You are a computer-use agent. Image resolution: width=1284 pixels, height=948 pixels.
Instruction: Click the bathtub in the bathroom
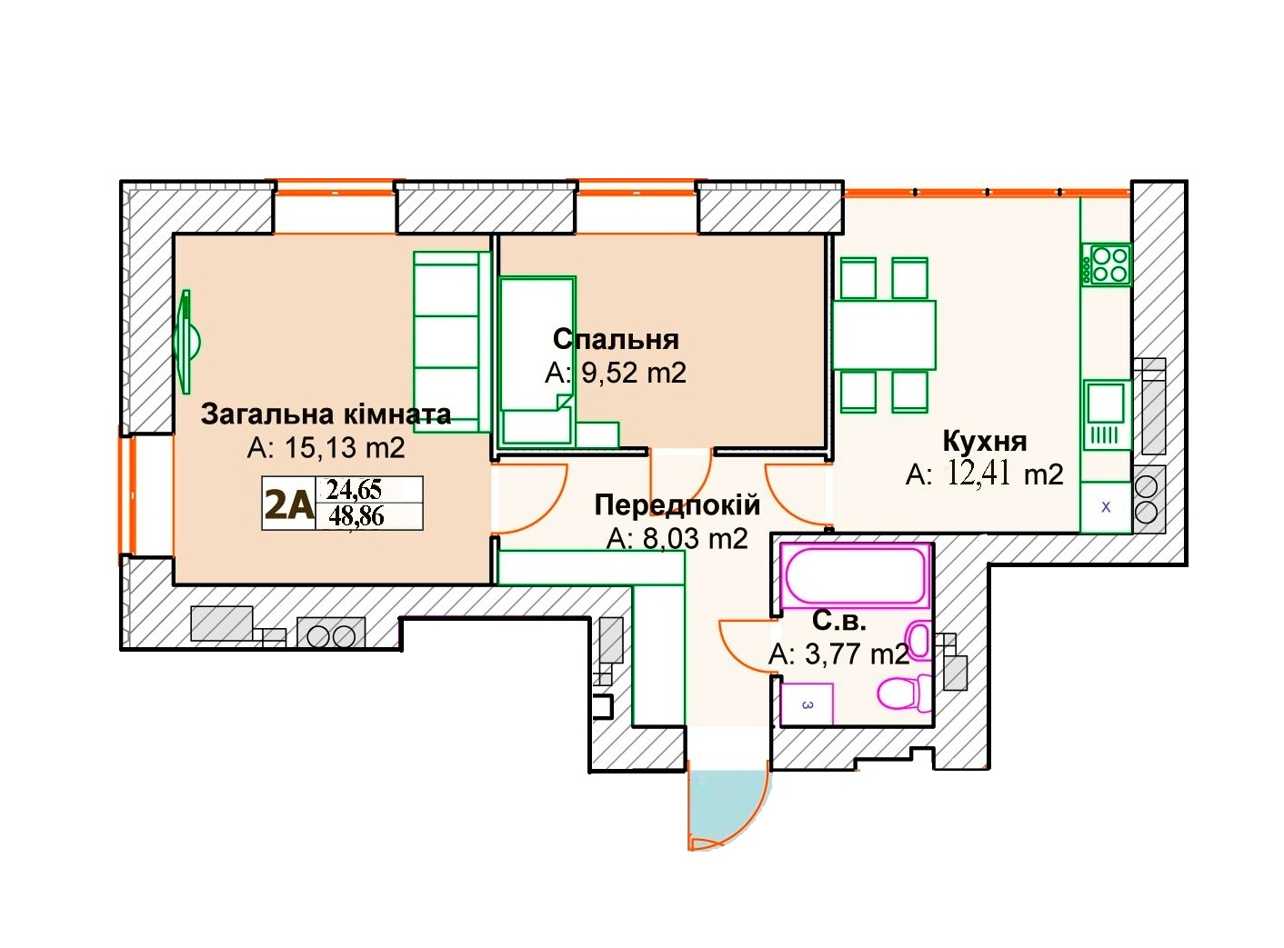point(854,576)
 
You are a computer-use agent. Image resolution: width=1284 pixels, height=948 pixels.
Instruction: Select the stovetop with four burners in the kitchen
point(1106,264)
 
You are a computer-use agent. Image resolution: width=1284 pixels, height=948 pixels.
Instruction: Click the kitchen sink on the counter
point(1107,414)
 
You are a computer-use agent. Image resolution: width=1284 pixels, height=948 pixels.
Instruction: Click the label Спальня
point(616,339)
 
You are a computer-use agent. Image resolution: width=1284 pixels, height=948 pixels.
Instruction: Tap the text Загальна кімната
point(326,414)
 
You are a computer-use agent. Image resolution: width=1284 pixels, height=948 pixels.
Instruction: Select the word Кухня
point(985,441)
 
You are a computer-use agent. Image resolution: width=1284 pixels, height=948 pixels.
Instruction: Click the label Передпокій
point(677,504)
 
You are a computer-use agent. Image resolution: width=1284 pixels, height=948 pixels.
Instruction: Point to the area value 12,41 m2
point(1006,474)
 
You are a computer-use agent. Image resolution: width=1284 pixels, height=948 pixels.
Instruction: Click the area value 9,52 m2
point(633,373)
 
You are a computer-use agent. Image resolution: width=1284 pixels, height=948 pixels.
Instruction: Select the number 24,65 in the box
point(355,490)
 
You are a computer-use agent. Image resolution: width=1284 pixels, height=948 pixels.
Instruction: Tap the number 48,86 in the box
point(356,516)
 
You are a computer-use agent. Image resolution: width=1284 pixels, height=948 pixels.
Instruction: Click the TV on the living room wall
point(186,342)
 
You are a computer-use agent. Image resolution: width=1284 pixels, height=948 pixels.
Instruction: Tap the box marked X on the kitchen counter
point(1106,507)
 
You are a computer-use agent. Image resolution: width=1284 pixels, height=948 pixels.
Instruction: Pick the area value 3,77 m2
point(838,654)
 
